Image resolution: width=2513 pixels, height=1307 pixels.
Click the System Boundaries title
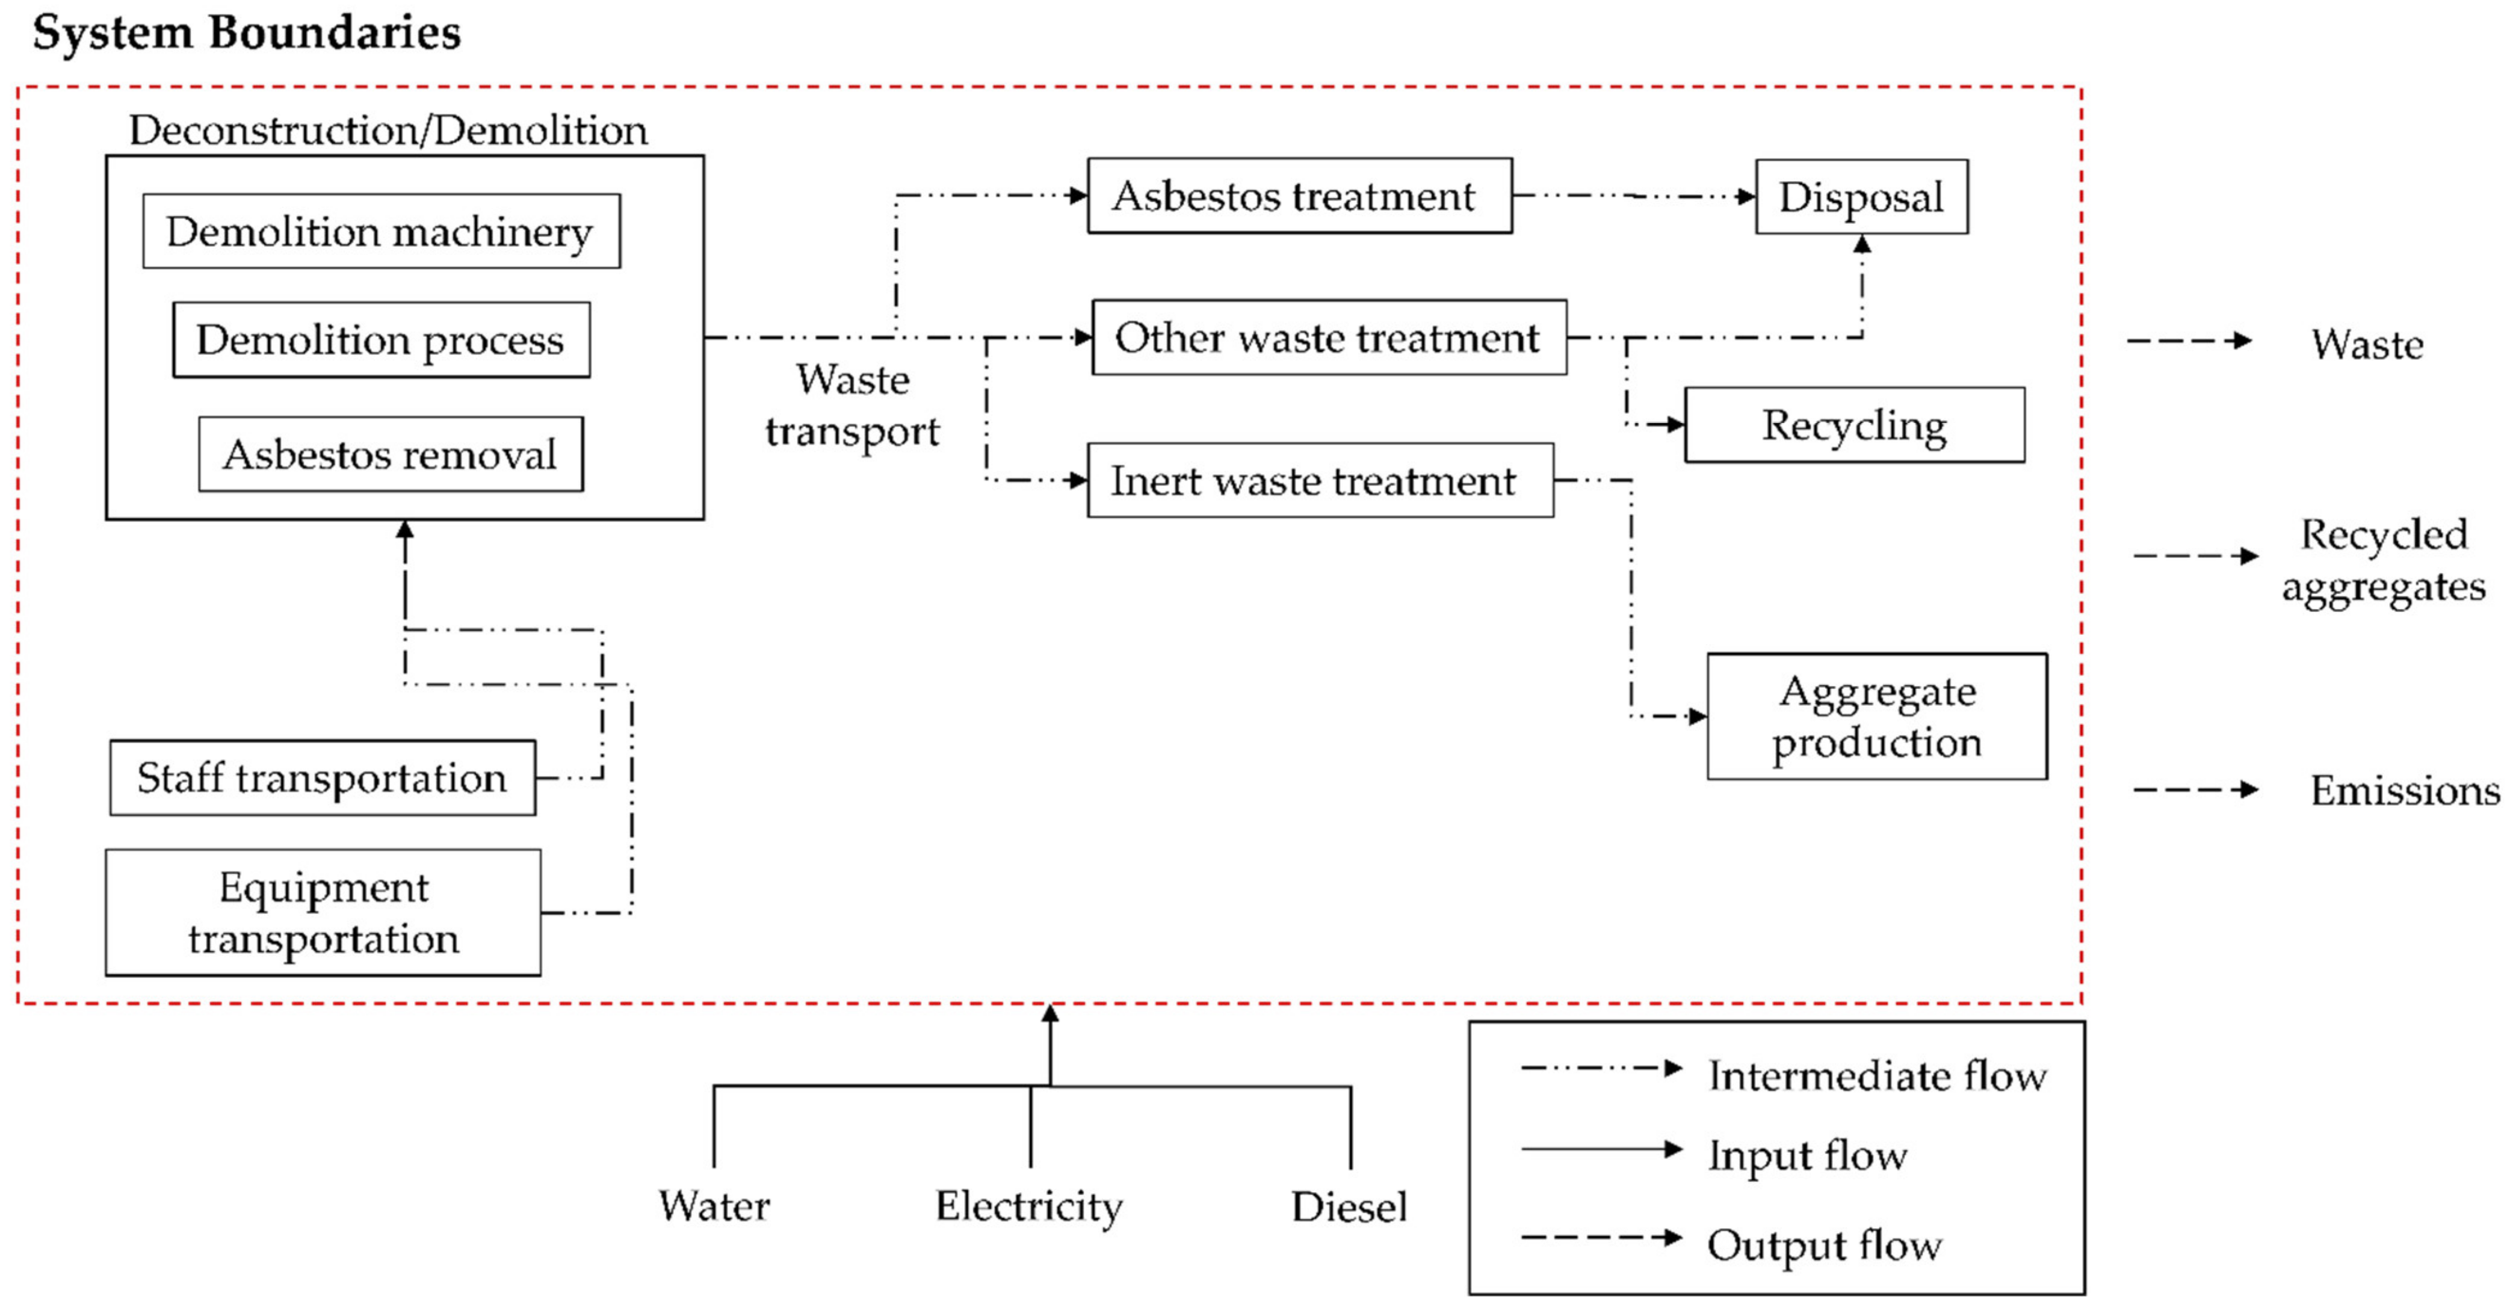pos(246,33)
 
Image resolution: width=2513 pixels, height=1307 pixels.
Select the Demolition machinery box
pos(380,231)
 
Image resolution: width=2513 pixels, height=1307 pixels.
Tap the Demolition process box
pos(380,339)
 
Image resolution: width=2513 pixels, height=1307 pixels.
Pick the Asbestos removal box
pos(390,454)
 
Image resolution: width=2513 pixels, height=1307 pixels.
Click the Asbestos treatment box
pos(1299,196)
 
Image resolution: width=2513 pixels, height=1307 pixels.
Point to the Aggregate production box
pos(1876,717)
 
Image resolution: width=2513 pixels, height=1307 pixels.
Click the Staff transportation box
pos(322,778)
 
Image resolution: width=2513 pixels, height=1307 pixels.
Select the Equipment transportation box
pos(323,913)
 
